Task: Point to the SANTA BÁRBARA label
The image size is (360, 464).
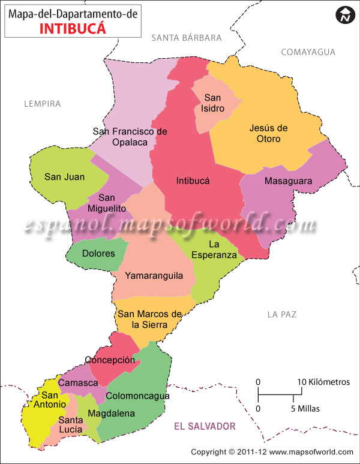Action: point(187,38)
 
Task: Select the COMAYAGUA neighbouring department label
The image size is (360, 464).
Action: point(308,52)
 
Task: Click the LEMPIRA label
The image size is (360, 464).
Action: point(43,104)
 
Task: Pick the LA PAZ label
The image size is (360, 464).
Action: point(282,314)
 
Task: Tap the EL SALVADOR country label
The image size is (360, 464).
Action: point(205,426)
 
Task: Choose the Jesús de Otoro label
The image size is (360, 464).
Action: point(268,133)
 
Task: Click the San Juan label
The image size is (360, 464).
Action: point(65,177)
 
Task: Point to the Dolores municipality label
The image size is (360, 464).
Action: point(98,254)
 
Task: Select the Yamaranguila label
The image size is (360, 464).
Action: point(155,276)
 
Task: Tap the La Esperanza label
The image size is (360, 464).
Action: point(214,249)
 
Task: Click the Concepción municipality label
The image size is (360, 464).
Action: point(110,360)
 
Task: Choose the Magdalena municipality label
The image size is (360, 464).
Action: point(112,414)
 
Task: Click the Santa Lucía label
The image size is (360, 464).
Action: point(71,424)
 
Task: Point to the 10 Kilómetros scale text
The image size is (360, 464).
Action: point(324,382)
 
